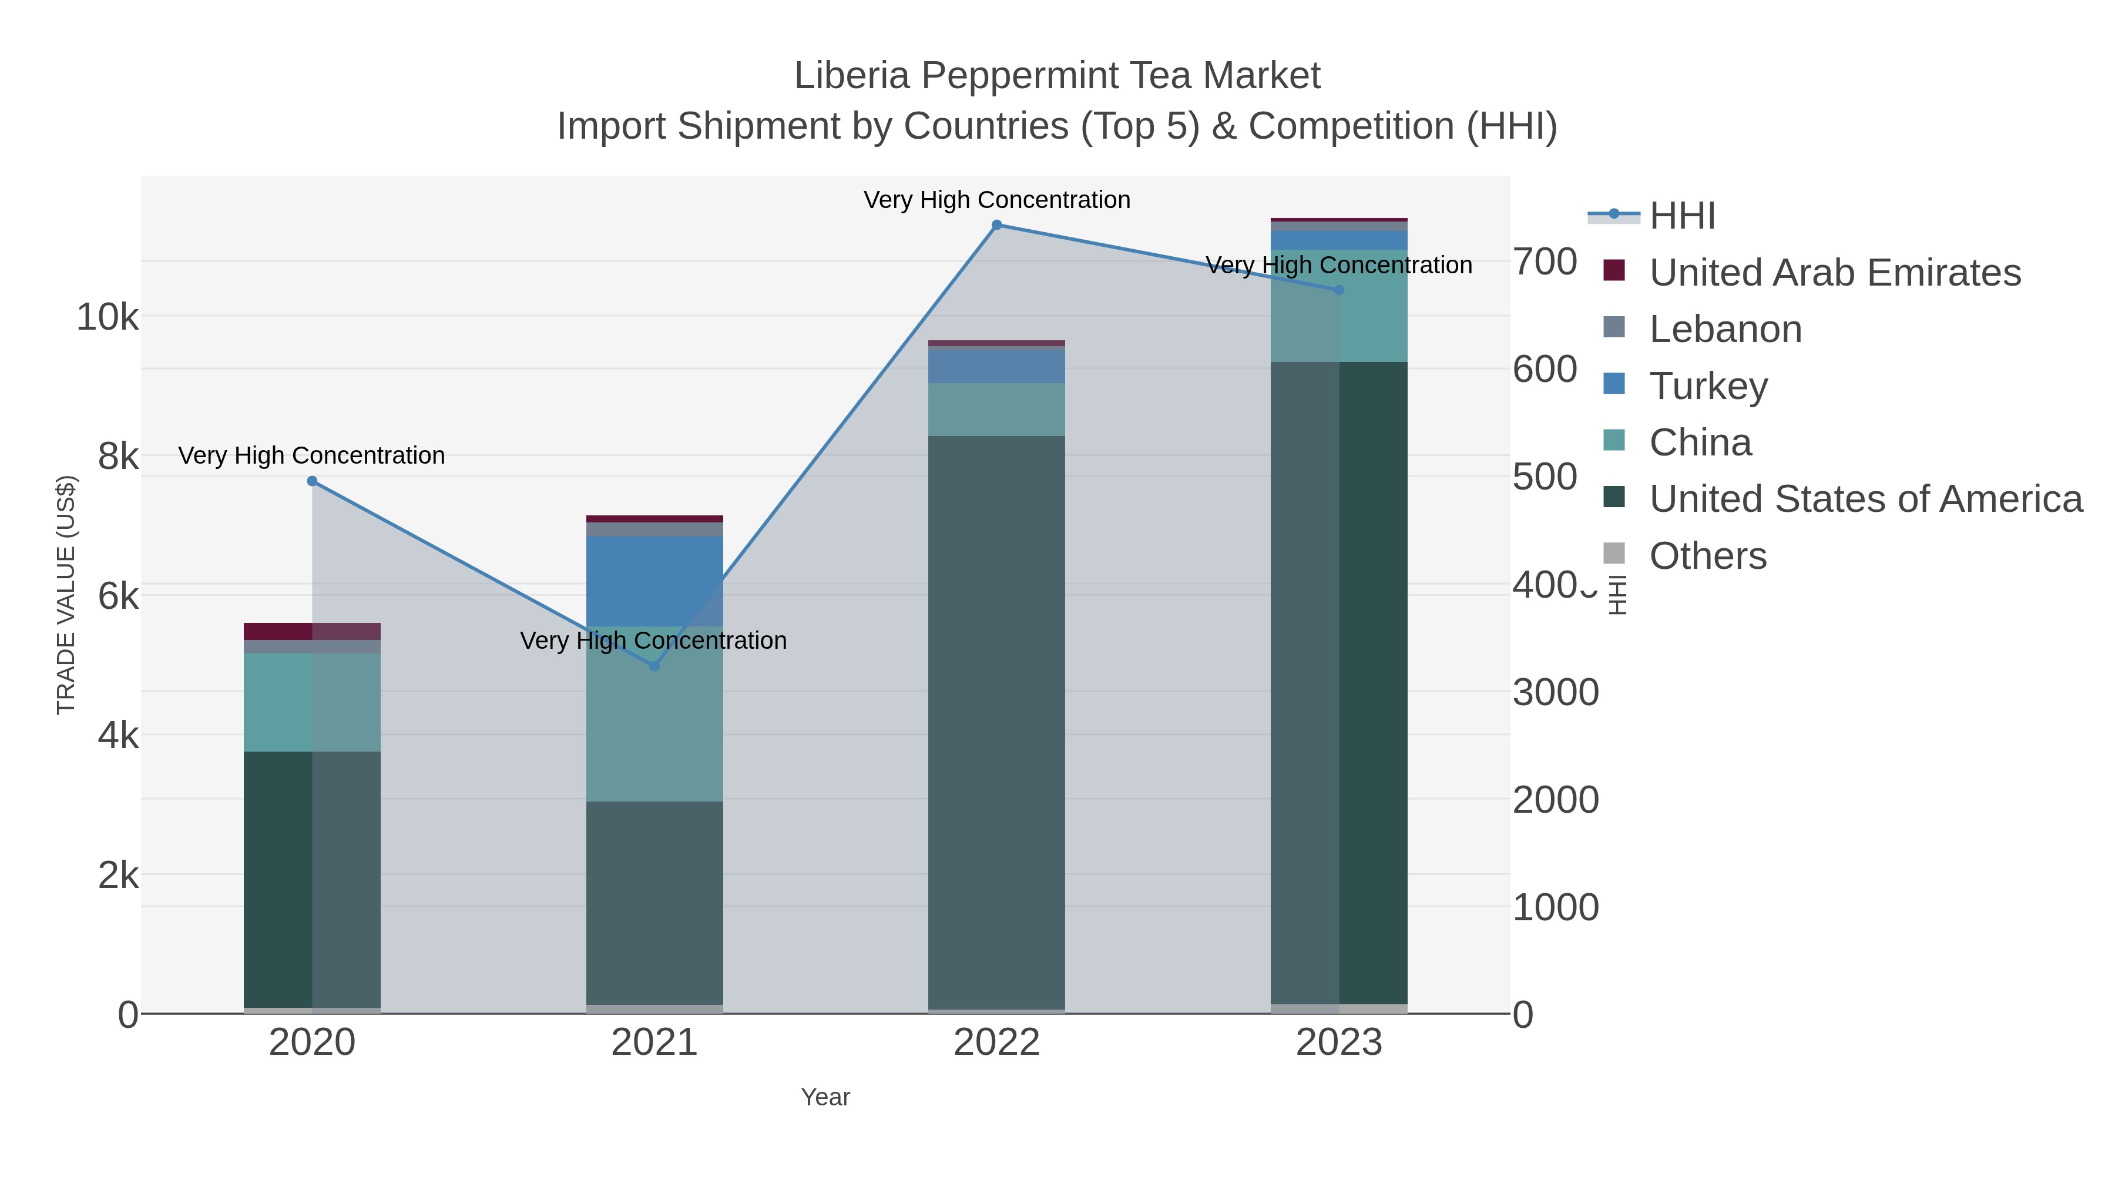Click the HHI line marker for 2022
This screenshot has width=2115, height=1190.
[x=997, y=225]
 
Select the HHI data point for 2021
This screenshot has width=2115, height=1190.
[x=654, y=666]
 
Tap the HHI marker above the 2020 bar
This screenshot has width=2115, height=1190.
[x=312, y=481]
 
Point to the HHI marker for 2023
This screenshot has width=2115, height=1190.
[x=1339, y=290]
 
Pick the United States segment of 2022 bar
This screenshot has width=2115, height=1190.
[x=997, y=723]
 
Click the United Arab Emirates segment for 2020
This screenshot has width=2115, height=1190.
[x=312, y=631]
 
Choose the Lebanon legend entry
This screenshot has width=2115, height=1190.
[x=1725, y=329]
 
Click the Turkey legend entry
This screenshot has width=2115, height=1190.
[x=1708, y=386]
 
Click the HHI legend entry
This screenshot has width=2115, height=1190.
[x=1681, y=216]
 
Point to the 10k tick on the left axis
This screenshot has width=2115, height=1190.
[x=108, y=317]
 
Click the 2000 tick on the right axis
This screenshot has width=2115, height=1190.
[x=1555, y=800]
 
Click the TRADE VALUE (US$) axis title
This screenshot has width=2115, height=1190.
[x=66, y=595]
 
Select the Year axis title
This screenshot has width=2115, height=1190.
[x=825, y=1097]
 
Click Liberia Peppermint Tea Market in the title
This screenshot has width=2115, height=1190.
[x=1057, y=76]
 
